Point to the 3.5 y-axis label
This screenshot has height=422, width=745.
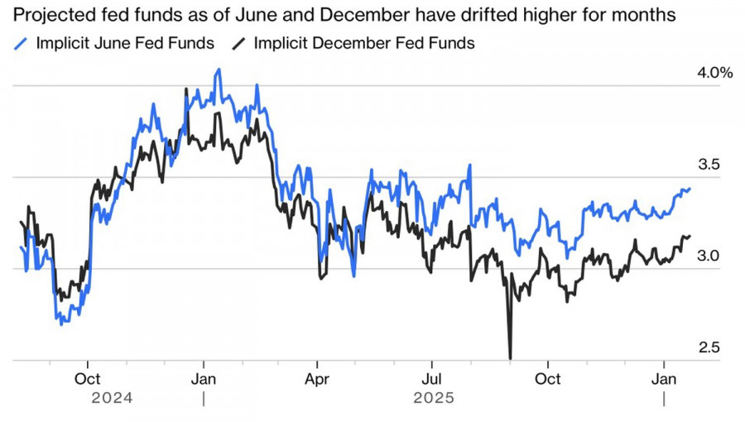click(x=709, y=165)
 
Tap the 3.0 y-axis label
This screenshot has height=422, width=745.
click(x=709, y=257)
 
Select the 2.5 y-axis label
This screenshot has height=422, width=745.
click(x=709, y=348)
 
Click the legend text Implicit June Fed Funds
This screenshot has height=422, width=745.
click(x=124, y=43)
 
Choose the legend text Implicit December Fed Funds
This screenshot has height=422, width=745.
click(x=364, y=43)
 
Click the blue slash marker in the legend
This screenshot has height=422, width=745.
click(x=22, y=43)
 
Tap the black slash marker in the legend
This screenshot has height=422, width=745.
click(x=240, y=43)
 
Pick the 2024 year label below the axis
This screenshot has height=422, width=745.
click(x=113, y=399)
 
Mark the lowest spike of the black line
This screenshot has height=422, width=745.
click(x=510, y=357)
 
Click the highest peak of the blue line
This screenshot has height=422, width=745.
click(x=219, y=70)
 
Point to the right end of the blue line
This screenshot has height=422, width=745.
click(x=690, y=189)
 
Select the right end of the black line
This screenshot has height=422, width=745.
click(x=690, y=237)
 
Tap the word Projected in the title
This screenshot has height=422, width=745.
click(x=47, y=14)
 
